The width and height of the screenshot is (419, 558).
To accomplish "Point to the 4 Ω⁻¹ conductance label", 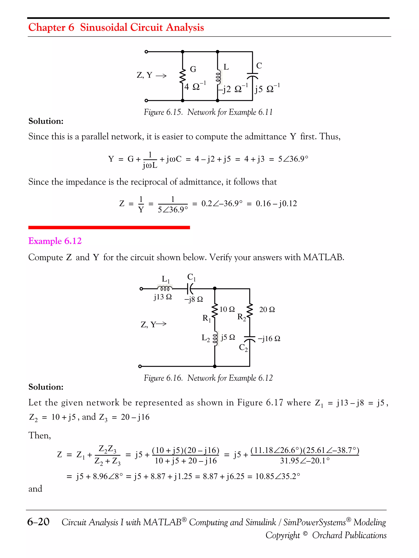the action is [x=195, y=86].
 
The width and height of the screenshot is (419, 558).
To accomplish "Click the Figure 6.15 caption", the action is [x=208, y=112].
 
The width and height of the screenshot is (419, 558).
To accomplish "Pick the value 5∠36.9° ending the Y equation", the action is [x=293, y=159].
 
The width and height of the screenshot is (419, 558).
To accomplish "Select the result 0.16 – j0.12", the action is [x=276, y=203].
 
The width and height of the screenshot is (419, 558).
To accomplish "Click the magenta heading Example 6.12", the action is [x=55, y=241].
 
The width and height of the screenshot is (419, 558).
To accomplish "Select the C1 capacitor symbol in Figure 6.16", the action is [x=190, y=289].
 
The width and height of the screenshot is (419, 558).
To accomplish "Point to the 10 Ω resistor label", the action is [x=227, y=309].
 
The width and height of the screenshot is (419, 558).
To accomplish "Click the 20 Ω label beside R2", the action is [x=267, y=310].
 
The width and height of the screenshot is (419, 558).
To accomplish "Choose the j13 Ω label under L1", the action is [x=163, y=297].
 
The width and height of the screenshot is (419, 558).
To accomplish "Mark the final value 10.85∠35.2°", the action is [x=277, y=476].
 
